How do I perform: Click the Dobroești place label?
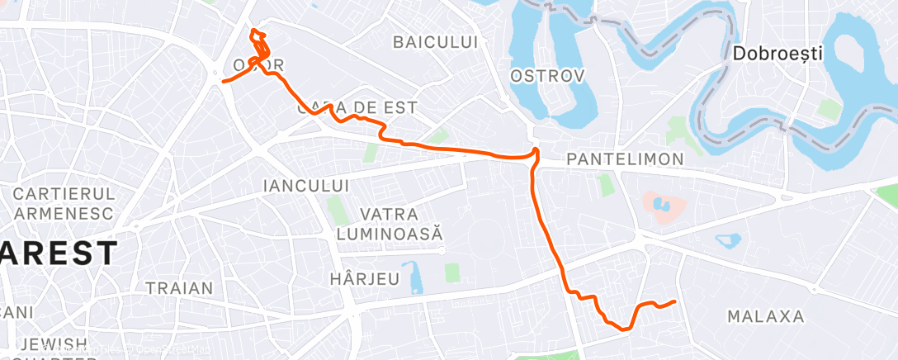click(x=777, y=54)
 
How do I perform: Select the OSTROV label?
click(x=547, y=76)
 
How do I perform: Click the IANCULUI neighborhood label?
click(x=305, y=186)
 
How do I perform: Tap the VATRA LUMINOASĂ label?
click(x=390, y=225)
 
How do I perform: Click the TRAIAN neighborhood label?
click(x=178, y=289)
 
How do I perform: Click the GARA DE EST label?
click(x=357, y=108)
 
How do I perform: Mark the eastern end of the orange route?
click(x=675, y=301)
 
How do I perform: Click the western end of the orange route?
click(x=223, y=81)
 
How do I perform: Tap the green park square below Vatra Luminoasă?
click(x=451, y=272)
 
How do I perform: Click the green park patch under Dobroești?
click(x=825, y=109)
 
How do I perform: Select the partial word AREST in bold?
click(x=56, y=253)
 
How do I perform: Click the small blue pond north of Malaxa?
click(x=727, y=241)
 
